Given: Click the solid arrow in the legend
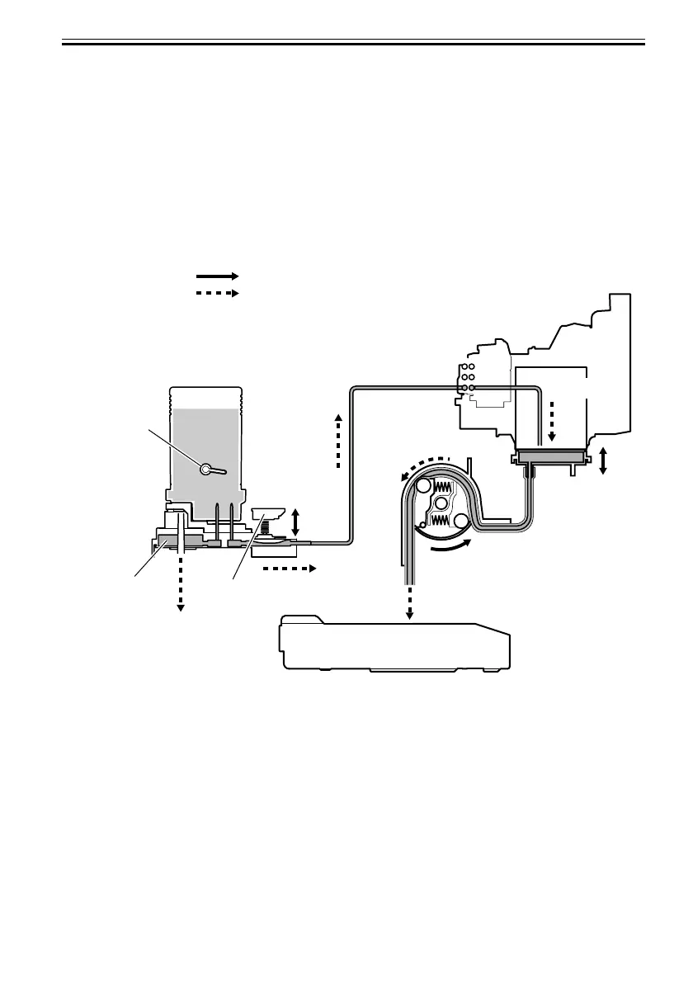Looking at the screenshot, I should pos(217,276).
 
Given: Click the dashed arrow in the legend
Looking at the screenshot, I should pos(217,293).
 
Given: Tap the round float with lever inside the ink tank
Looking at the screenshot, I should pos(206,470).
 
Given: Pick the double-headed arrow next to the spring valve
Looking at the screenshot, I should pos(296,521).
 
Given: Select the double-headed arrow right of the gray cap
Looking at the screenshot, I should pos(603,460).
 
